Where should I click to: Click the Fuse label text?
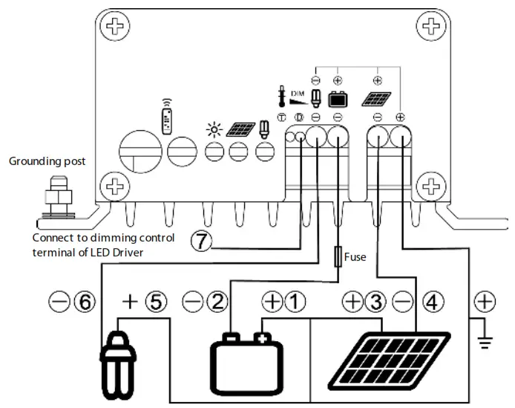coord(355,256)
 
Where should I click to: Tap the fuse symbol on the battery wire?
coord(339,256)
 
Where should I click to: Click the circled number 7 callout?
coord(202,241)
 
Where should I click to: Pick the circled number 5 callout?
coord(158,302)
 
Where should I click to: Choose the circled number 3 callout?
coord(375,302)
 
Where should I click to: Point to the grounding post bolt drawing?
coord(56,198)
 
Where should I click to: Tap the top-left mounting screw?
coord(114,28)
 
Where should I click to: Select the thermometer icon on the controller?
coord(282,97)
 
